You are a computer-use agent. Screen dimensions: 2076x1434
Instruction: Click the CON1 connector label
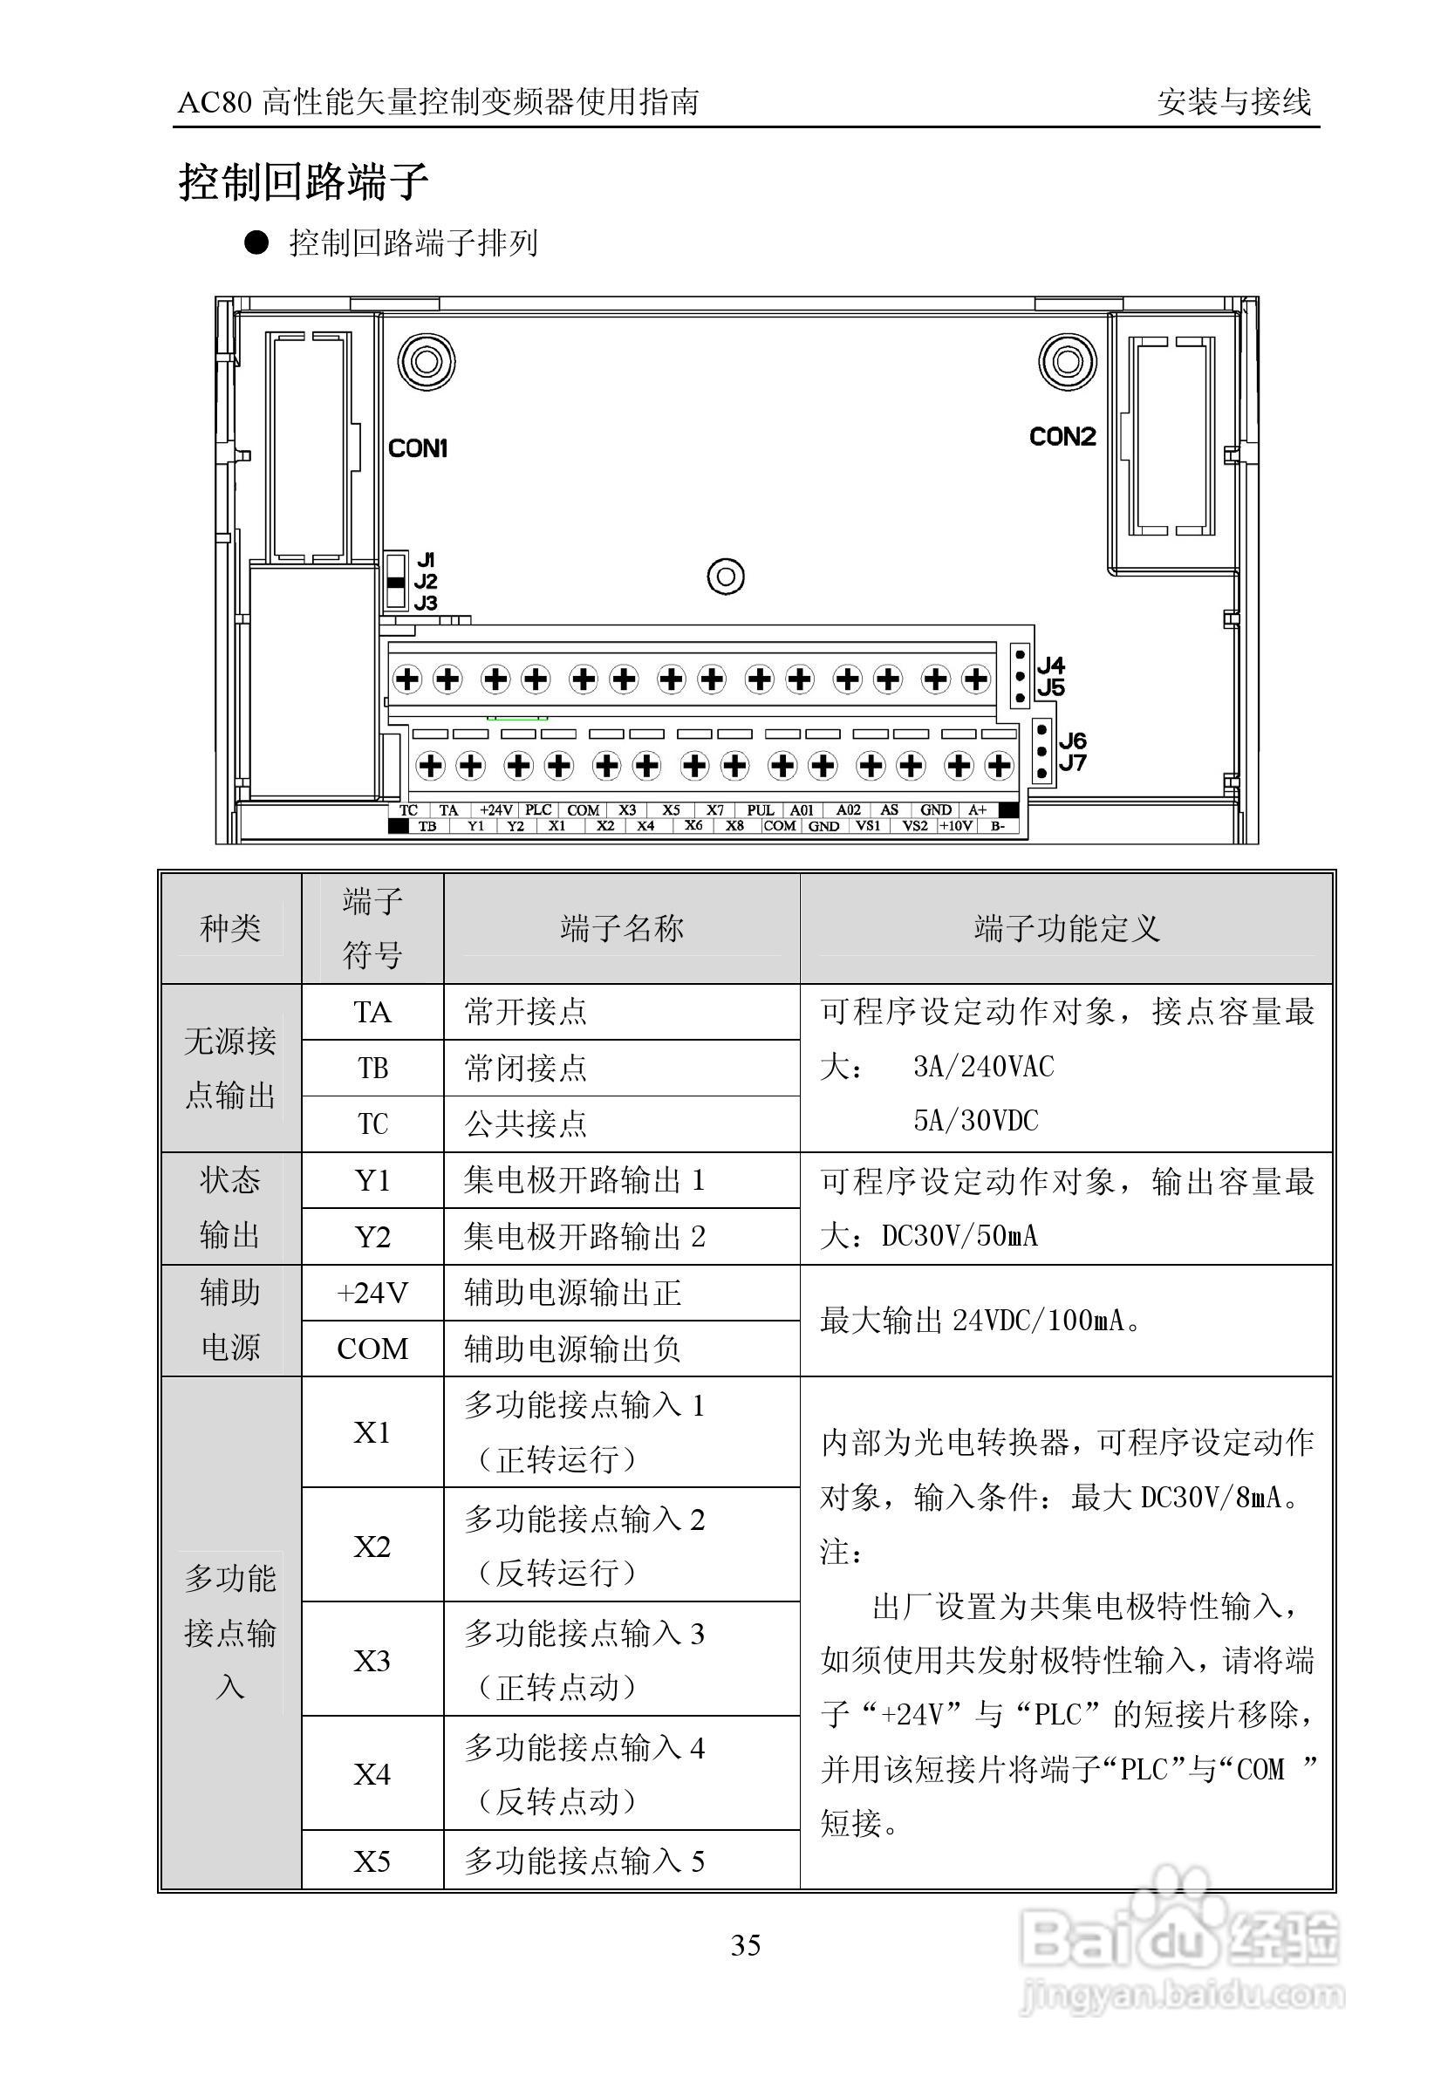418,447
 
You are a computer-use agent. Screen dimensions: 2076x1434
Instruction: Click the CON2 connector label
1062,437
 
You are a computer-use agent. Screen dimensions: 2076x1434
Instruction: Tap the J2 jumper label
426,581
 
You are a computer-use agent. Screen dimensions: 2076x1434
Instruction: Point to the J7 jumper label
1072,763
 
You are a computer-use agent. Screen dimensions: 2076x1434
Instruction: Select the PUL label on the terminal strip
760,810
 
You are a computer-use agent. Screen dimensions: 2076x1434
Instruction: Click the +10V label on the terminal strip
955,825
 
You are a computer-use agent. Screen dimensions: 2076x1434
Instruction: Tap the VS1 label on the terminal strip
867,825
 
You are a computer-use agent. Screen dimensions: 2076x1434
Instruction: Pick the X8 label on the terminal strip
735,825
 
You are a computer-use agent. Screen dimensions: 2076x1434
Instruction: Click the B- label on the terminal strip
997,825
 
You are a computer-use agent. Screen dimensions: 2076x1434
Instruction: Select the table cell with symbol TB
372,1069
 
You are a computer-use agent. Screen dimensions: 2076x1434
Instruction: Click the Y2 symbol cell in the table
372,1237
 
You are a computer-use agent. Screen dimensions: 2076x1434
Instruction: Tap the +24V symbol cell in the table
372,1293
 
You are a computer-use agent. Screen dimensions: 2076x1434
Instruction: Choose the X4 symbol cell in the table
372,1774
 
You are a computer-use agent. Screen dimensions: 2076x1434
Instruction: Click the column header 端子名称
621,928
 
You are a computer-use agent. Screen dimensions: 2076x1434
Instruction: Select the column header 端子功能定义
1067,928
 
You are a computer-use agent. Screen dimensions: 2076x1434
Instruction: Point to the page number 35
746,1946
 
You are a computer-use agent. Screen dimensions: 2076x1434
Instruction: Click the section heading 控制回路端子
304,181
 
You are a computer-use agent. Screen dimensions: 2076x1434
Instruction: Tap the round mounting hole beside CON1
426,362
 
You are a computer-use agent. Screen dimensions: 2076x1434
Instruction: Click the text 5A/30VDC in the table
976,1120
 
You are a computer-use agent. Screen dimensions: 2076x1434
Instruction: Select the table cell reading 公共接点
526,1123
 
